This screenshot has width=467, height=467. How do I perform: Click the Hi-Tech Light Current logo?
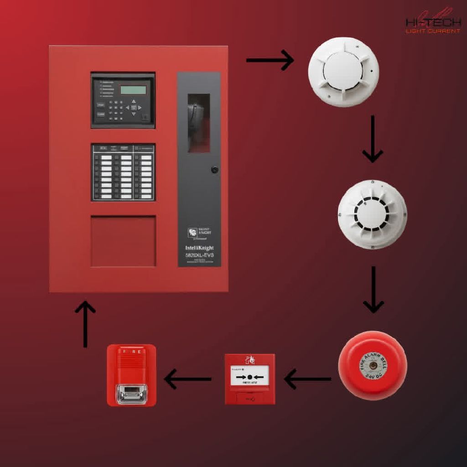(433, 23)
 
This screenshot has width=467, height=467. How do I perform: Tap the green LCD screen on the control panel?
(133, 89)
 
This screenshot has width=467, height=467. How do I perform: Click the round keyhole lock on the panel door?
(214, 170)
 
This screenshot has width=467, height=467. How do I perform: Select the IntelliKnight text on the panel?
(199, 248)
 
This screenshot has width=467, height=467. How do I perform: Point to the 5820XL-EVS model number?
(199, 255)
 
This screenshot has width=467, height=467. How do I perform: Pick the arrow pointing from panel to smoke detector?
(270, 60)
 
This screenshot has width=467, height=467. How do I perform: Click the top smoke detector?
(343, 72)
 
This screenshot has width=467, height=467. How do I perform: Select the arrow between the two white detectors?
(372, 139)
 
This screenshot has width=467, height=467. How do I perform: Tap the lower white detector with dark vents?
(372, 214)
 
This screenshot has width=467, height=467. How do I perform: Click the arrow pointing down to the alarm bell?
(373, 290)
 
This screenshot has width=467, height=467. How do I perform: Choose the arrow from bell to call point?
(307, 379)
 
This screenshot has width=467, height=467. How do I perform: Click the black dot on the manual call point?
(250, 377)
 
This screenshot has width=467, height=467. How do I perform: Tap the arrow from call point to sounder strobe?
(187, 379)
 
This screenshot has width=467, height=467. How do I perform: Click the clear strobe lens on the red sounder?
(131, 393)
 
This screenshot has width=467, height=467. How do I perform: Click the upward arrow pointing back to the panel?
(85, 324)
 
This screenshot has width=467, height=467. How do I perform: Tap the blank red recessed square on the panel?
(123, 241)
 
